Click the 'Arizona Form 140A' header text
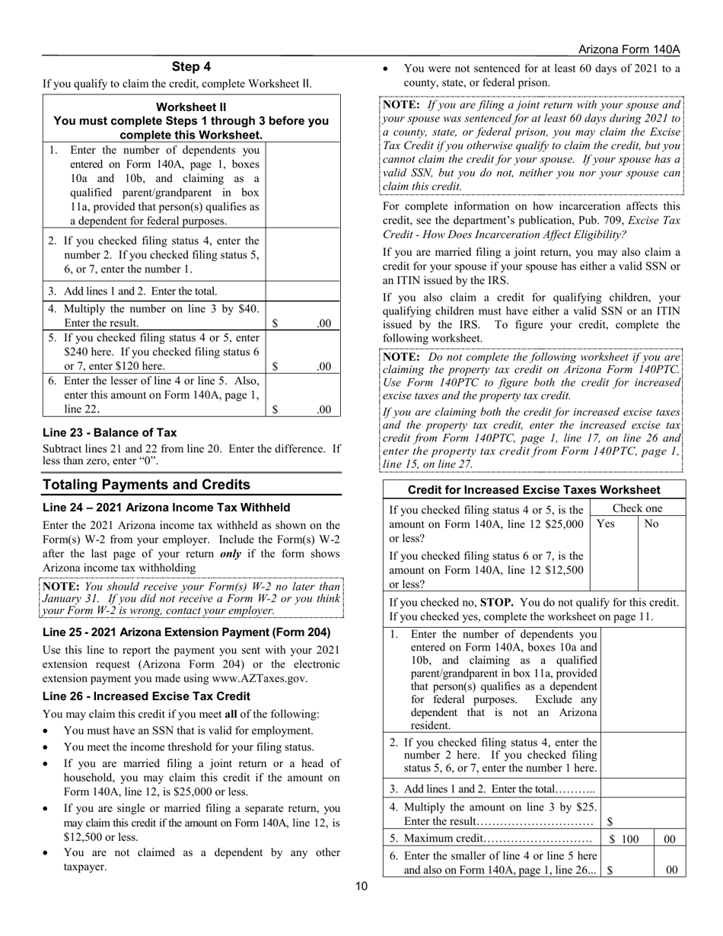pyautogui.click(x=629, y=49)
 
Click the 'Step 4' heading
pyautogui.click(x=191, y=67)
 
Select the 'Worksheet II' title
pyautogui.click(x=191, y=107)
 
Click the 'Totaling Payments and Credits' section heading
pyautogui.click(x=146, y=485)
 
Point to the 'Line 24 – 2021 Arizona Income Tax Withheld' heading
pyautogui.click(x=166, y=508)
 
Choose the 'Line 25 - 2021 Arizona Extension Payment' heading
pyautogui.click(x=186, y=632)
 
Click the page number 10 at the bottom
pyautogui.click(x=361, y=885)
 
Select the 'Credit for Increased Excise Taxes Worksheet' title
pyautogui.click(x=534, y=490)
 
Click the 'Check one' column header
pyautogui.click(x=637, y=508)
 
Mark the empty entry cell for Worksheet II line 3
pyautogui.click(x=302, y=291)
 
